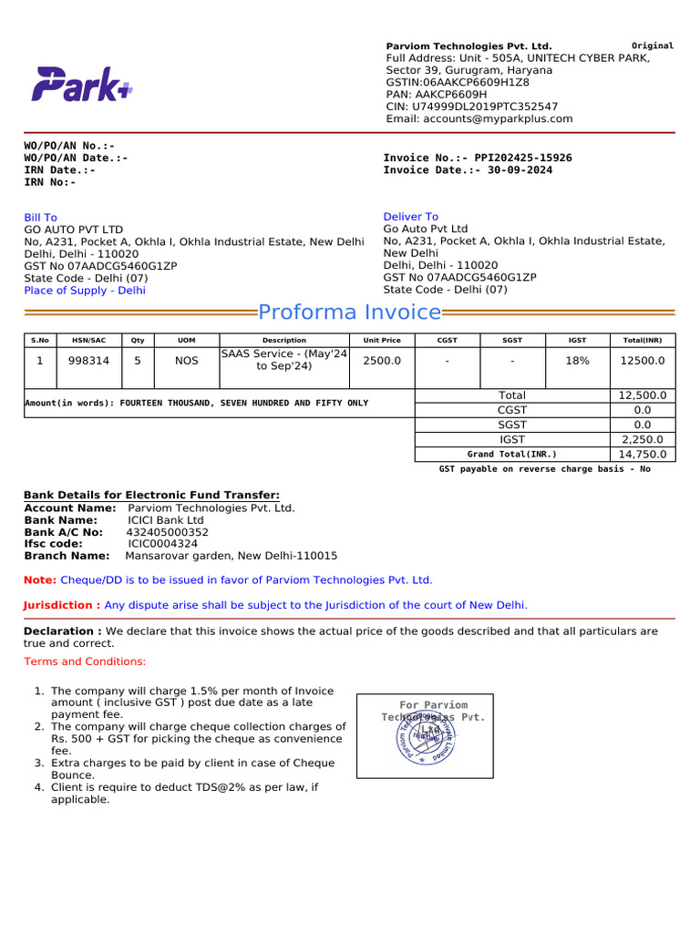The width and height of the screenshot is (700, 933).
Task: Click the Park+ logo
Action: pyautogui.click(x=83, y=85)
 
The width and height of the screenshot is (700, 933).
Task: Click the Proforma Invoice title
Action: pyautogui.click(x=350, y=313)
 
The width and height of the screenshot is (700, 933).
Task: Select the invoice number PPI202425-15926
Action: pyautogui.click(x=523, y=158)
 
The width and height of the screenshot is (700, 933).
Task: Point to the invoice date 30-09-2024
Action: pyautogui.click(x=520, y=170)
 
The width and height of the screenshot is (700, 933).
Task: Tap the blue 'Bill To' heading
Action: pyautogui.click(x=40, y=217)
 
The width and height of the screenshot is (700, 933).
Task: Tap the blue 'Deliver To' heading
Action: pyautogui.click(x=410, y=217)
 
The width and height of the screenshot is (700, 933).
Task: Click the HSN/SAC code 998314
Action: pyautogui.click(x=88, y=361)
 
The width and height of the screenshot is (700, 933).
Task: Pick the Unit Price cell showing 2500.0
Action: pyautogui.click(x=381, y=361)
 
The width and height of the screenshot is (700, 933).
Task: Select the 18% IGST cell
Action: pyautogui.click(x=577, y=361)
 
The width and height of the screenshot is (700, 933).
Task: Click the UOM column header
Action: pyautogui.click(x=186, y=340)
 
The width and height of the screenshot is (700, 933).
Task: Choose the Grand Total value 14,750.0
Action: pyautogui.click(x=642, y=454)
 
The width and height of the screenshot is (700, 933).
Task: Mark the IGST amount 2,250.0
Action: pyautogui.click(x=642, y=439)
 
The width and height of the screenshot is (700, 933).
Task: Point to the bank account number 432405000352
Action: pyautogui.click(x=168, y=531)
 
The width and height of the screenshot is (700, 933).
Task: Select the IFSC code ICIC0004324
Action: pyautogui.click(x=162, y=543)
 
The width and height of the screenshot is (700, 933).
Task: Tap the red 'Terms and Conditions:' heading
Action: pyautogui.click(x=84, y=661)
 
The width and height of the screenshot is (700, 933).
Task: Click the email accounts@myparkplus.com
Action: pyautogui.click(x=479, y=118)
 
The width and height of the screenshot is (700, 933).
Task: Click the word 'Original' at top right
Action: pyautogui.click(x=653, y=46)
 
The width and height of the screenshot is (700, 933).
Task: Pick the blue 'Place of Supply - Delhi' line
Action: pyautogui.click(x=85, y=291)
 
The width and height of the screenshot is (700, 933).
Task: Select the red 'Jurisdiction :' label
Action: pyautogui.click(x=62, y=605)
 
